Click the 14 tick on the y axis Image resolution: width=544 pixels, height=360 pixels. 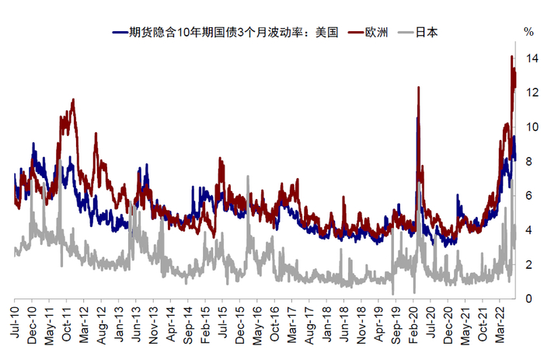click(x=531, y=58)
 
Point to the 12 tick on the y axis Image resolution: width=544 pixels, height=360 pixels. click(x=531, y=93)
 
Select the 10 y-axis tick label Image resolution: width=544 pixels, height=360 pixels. click(x=531, y=127)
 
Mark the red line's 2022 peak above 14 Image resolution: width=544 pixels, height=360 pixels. click(x=511, y=57)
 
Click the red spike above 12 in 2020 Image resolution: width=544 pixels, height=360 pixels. click(x=419, y=87)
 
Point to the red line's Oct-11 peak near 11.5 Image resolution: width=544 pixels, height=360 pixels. click(x=73, y=100)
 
